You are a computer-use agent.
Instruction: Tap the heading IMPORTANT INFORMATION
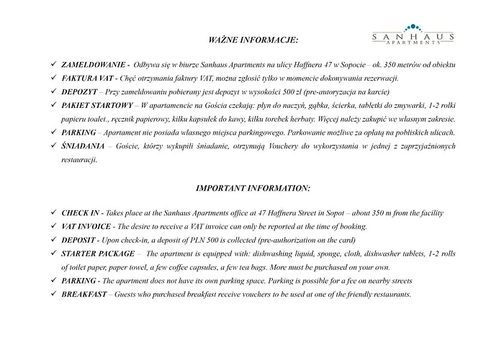tap(253, 188)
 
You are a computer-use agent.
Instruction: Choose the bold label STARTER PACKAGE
tap(98, 253)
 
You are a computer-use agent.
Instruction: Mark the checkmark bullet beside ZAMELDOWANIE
tap(53, 66)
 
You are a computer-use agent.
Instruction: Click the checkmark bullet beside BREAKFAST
tap(53, 294)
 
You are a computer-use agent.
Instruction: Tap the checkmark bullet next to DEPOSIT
tap(53, 240)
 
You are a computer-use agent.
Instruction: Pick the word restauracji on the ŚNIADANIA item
tap(78, 159)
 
